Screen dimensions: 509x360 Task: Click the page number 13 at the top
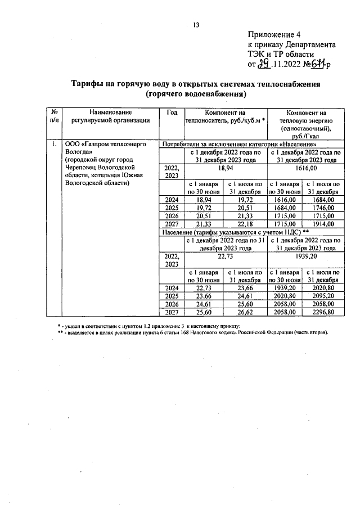coord(196,24)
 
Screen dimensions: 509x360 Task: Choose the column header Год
coord(172,112)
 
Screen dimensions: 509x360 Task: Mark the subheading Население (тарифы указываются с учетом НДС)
coord(236,232)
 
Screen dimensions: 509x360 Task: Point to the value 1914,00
coord(325,224)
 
